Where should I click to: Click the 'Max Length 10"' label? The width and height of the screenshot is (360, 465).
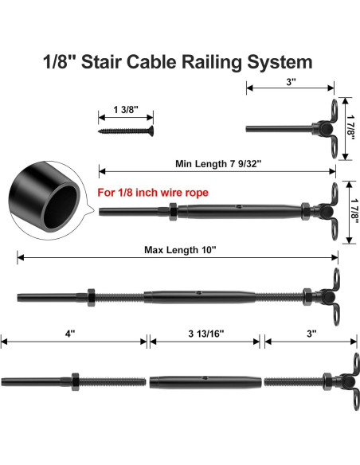[x=179, y=249]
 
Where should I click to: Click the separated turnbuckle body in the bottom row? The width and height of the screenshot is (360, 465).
[x=205, y=380]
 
